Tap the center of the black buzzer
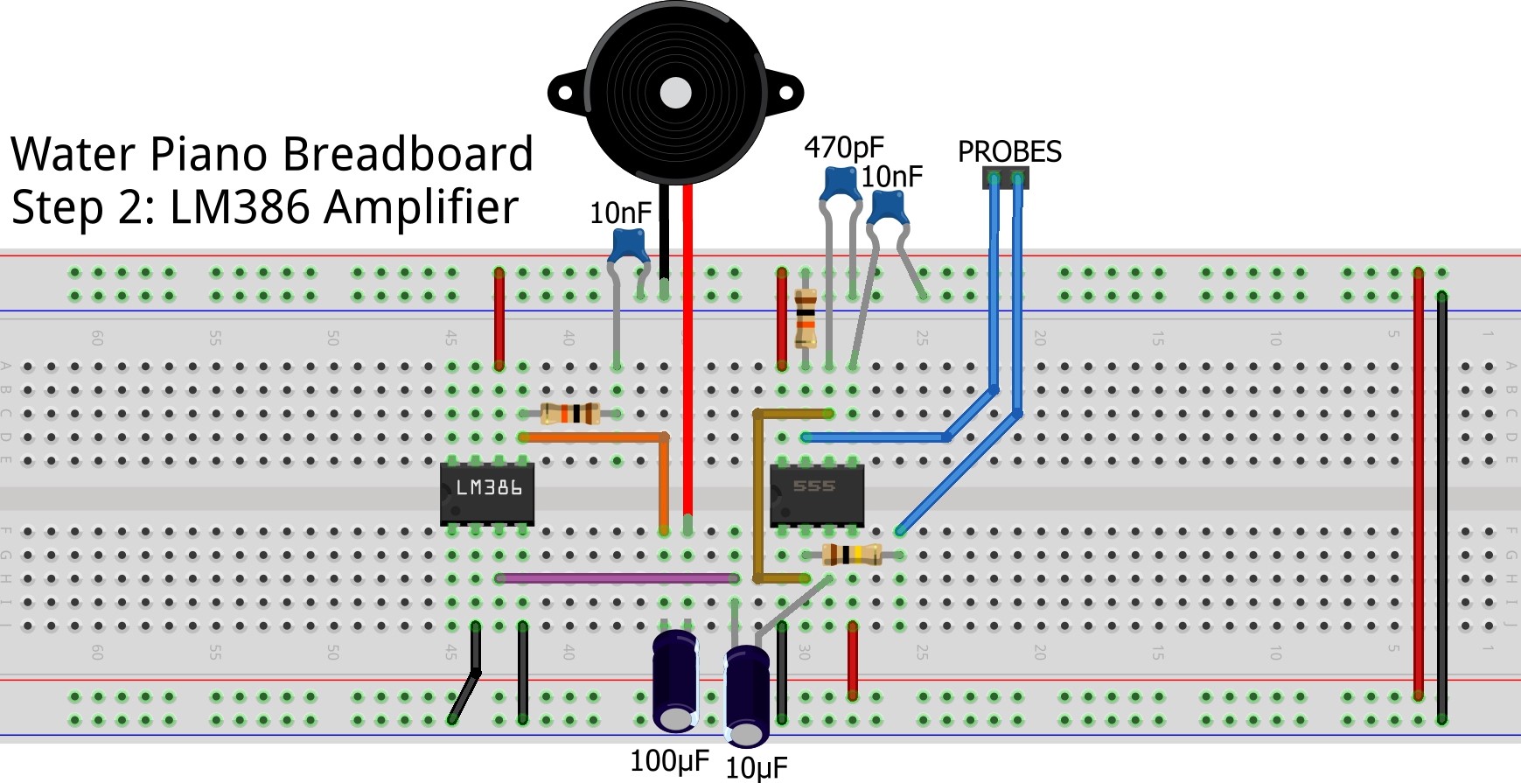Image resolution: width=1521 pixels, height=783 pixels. tap(675, 93)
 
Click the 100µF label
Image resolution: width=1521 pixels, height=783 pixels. tap(669, 761)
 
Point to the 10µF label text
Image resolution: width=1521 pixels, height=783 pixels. tap(757, 768)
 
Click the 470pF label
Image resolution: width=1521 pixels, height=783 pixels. tap(844, 147)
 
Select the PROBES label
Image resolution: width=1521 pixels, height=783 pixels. tap(1009, 152)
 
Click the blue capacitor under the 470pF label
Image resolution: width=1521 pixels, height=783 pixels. tap(840, 184)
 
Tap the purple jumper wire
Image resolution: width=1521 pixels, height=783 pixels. tap(617, 578)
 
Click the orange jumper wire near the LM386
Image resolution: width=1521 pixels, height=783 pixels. tap(595, 437)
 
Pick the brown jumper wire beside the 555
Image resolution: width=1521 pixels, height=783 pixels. tap(757, 499)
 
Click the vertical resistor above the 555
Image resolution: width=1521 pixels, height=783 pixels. tap(806, 318)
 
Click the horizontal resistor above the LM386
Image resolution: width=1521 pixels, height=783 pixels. tap(570, 413)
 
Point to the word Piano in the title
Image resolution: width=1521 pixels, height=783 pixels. tap(211, 154)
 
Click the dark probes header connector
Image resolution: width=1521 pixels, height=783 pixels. tap(1006, 178)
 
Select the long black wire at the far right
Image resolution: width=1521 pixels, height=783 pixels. tap(1441, 507)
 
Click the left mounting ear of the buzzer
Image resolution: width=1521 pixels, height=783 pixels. tap(564, 93)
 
